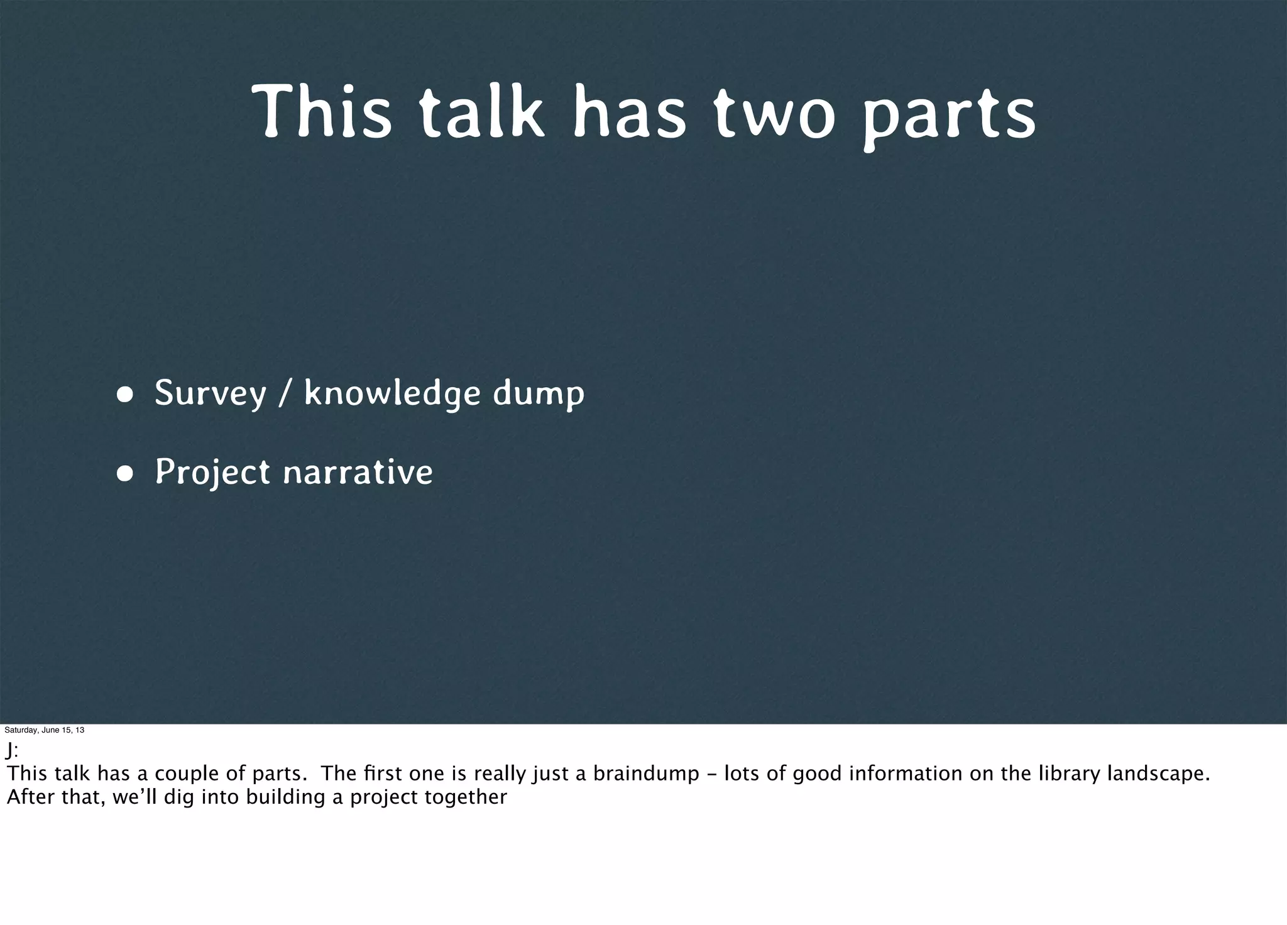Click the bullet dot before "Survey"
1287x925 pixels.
tap(124, 395)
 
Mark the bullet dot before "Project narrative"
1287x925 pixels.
tap(124, 474)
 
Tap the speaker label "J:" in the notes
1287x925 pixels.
tap(12, 750)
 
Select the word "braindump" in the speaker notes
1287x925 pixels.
tap(646, 773)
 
